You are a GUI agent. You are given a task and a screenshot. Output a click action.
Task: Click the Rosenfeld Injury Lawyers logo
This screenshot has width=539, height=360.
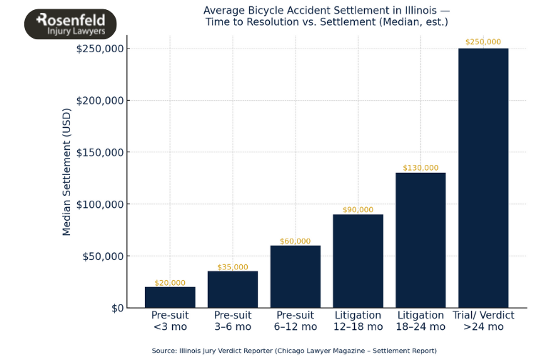tap(70, 24)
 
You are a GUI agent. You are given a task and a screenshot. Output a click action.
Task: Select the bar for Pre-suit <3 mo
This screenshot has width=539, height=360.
tap(170, 297)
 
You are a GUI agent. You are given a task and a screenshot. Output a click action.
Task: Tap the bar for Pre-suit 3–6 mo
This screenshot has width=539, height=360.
tap(233, 289)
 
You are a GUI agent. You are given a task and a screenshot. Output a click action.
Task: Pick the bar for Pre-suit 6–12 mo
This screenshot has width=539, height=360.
tap(296, 276)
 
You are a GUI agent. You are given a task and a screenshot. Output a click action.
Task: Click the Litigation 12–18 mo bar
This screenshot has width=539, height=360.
tap(358, 261)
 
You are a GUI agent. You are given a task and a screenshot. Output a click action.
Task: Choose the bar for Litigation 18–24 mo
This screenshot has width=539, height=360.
tap(420, 240)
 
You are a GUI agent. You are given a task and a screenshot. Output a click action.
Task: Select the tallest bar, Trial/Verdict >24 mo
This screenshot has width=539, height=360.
tap(483, 178)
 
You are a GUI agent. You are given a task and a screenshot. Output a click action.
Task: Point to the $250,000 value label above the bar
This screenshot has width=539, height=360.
tap(483, 42)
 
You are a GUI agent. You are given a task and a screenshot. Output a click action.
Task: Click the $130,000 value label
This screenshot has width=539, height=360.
tap(420, 168)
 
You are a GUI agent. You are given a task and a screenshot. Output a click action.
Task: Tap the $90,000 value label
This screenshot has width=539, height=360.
tap(358, 210)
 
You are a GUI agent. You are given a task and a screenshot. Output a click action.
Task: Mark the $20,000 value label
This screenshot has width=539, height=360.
tap(170, 283)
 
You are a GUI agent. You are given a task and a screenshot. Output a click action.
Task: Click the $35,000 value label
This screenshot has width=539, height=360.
tap(233, 267)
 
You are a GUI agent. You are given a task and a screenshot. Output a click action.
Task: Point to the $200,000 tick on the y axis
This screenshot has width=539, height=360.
tap(99, 101)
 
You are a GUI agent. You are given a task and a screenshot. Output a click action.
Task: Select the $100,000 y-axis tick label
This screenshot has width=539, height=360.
tap(99, 204)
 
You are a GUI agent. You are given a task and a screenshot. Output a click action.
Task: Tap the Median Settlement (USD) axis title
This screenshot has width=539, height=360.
tap(67, 172)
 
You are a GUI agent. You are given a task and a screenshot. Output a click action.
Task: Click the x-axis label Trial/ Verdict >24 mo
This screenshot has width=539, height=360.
tap(483, 321)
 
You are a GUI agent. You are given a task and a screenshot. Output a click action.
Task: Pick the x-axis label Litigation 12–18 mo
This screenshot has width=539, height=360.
tap(358, 321)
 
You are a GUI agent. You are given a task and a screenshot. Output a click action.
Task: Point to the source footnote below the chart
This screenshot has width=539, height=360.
tap(294, 351)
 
